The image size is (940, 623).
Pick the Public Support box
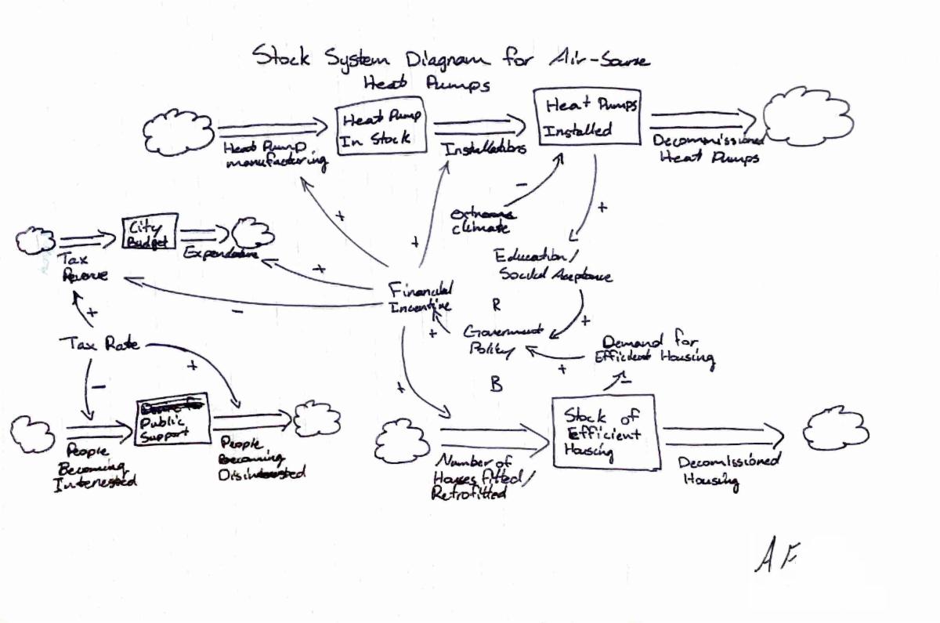coord(172,418)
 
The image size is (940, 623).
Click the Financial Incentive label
coord(421,296)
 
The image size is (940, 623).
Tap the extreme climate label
coord(481,220)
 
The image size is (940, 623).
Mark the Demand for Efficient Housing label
coord(656,350)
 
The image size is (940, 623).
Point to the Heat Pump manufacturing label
coord(273,154)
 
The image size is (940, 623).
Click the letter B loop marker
coord(497,385)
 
